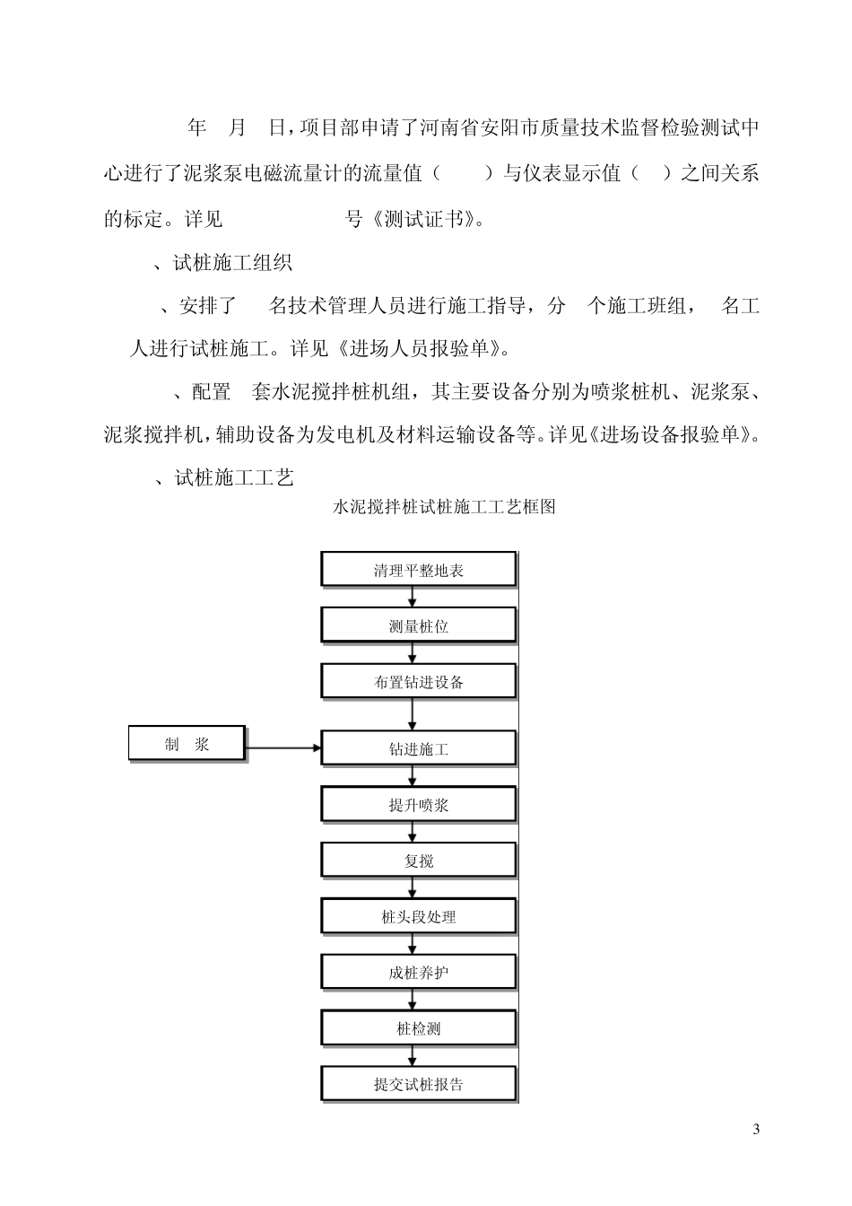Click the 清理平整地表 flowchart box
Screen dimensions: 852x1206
tap(419, 570)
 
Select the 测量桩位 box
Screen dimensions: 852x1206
tap(419, 625)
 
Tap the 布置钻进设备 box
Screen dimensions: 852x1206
tap(419, 682)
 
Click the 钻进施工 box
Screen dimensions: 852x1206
tap(419, 748)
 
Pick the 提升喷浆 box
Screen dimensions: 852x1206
tap(419, 805)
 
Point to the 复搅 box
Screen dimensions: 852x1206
tap(419, 861)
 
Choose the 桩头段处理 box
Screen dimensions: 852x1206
tap(419, 917)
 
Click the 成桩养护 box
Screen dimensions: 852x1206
tap(419, 973)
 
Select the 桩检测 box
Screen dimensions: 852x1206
tap(419, 1028)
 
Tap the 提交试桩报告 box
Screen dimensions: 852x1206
tap(419, 1084)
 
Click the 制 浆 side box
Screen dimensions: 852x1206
tap(187, 744)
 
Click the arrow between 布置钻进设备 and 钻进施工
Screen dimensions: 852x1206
tap(413, 714)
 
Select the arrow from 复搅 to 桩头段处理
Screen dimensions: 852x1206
tap(413, 888)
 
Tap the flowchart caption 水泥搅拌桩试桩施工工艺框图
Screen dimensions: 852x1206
tap(445, 507)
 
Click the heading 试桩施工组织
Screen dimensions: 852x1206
tap(232, 263)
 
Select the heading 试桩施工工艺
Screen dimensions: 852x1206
tap(233, 477)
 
